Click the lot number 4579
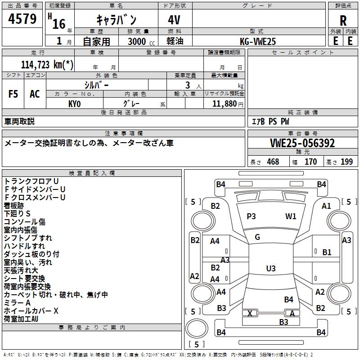(22, 19)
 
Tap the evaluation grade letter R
(343, 21)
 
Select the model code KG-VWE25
(257, 41)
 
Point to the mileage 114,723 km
(47, 65)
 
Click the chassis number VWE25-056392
(302, 143)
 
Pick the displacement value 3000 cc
(141, 41)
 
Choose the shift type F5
(13, 94)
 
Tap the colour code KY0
(74, 104)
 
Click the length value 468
(273, 162)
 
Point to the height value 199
(346, 162)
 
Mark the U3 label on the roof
(271, 268)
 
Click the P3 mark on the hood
(251, 216)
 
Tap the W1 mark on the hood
(291, 216)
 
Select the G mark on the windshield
(257, 237)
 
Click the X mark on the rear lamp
(250, 313)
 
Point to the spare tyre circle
(197, 328)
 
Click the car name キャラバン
(116, 20)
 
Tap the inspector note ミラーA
(17, 303)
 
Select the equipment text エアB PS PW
(270, 121)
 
